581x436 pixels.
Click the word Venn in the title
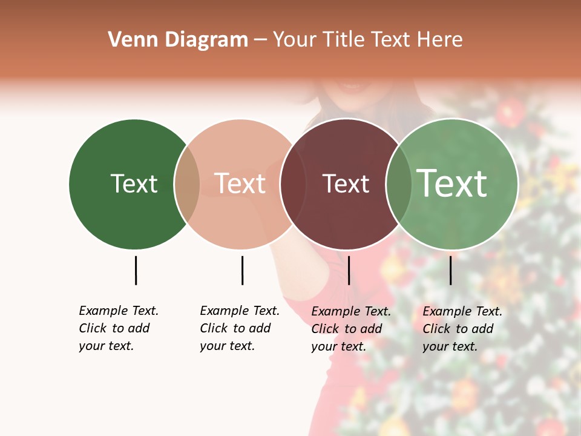(x=125, y=40)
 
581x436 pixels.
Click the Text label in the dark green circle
(x=134, y=183)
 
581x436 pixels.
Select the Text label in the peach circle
(x=240, y=183)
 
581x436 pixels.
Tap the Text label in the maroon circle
(x=346, y=183)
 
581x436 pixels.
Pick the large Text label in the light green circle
(x=452, y=183)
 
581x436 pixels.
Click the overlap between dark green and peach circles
(x=187, y=184)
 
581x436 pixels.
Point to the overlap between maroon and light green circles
(x=399, y=184)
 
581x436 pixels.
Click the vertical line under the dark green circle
(x=136, y=270)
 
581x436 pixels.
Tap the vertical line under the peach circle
(x=242, y=270)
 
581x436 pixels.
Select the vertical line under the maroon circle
(x=349, y=270)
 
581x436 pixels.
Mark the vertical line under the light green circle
(x=450, y=270)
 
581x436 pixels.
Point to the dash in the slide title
(x=260, y=41)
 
